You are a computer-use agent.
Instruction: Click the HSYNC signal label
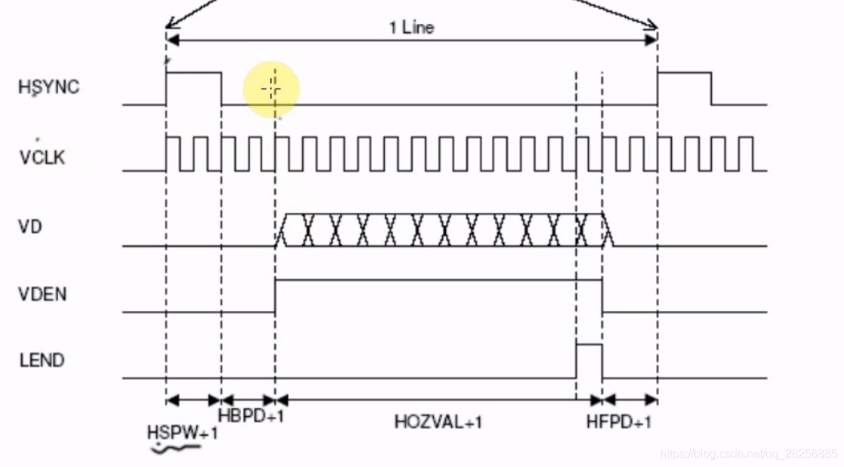(49, 87)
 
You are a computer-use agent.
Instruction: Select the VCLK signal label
(42, 158)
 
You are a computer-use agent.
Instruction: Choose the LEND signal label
(41, 360)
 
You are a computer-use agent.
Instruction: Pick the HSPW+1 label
(182, 432)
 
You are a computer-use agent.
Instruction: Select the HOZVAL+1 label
(439, 421)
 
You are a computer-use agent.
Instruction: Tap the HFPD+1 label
(618, 422)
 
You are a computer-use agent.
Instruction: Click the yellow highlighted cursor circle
(272, 89)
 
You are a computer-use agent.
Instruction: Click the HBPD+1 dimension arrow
(248, 399)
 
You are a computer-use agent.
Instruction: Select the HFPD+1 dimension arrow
(630, 399)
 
